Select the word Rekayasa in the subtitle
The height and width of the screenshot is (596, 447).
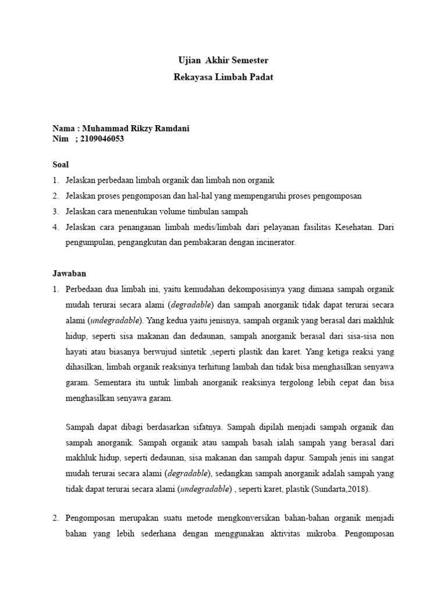193,76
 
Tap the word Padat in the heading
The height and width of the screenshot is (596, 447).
261,76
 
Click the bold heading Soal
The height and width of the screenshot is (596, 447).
61,165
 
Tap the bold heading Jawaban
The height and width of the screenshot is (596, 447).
68,272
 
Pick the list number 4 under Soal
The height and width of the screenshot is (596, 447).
56,227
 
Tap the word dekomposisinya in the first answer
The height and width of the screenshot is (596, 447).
261,289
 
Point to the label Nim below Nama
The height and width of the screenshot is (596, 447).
60,139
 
